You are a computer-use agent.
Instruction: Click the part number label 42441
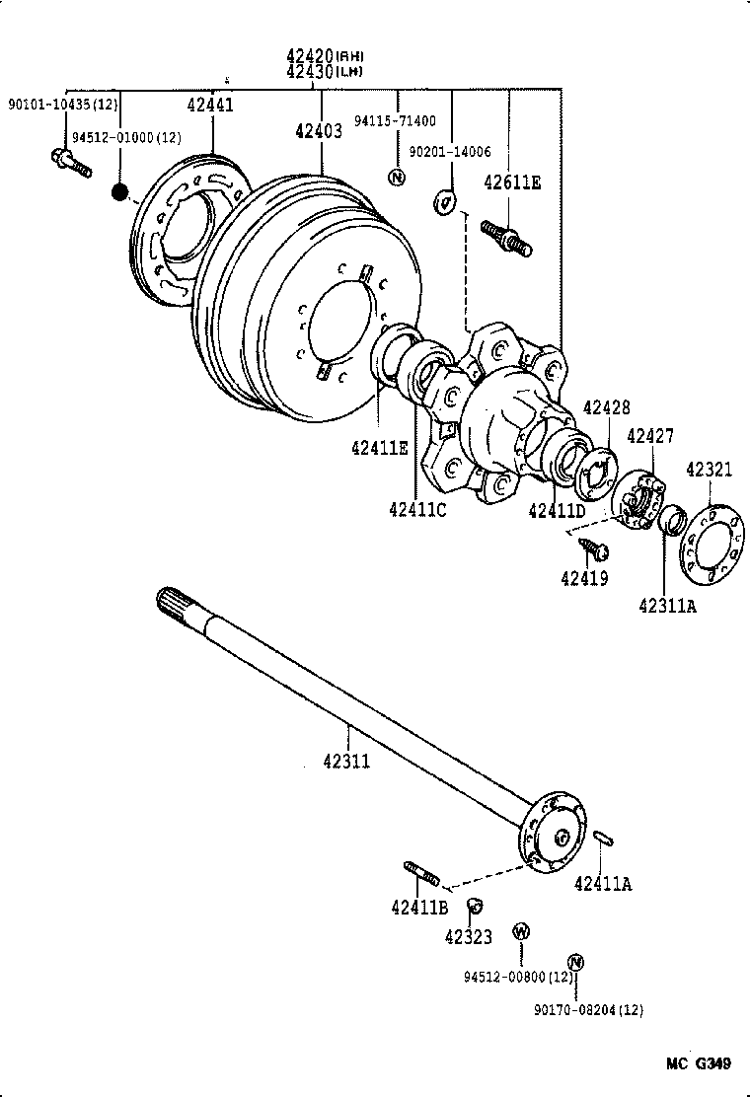(x=210, y=105)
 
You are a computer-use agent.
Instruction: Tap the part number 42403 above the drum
(x=318, y=130)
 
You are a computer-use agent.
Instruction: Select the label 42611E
(x=512, y=183)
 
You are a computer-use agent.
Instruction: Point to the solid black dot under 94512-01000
(x=120, y=190)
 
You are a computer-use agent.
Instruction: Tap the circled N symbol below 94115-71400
(x=397, y=178)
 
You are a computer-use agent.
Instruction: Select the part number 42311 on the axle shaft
(x=345, y=761)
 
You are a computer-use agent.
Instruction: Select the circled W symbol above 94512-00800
(x=520, y=930)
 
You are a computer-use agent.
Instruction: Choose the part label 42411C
(x=417, y=509)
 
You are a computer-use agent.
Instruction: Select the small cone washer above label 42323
(x=474, y=906)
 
